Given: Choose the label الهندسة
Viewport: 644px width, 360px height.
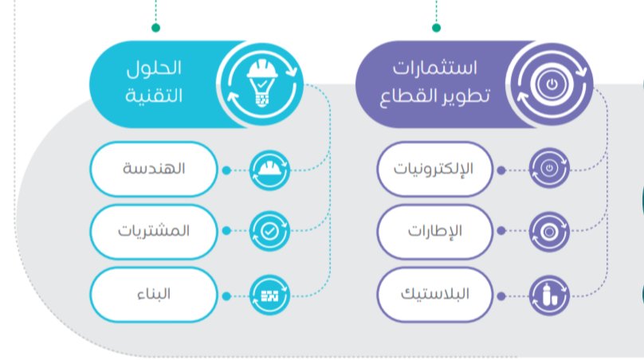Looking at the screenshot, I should pyautogui.click(x=154, y=170).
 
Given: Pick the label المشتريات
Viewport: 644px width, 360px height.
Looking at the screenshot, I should pyautogui.click(x=154, y=232).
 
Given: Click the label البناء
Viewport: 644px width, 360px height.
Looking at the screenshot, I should pyautogui.click(x=154, y=294).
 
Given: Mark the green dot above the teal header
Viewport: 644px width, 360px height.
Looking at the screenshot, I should pyautogui.click(x=156, y=28).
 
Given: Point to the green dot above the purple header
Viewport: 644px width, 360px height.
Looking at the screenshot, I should pyautogui.click(x=435, y=28).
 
